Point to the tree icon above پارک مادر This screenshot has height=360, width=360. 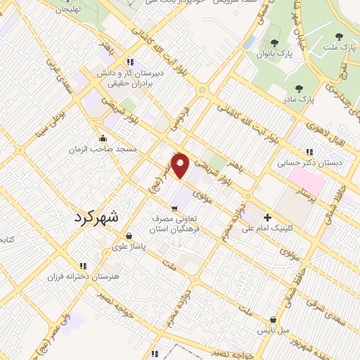pos(299,89)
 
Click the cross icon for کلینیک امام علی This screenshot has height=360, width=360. pos(266,217)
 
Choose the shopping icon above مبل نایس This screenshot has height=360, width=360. pos(272,320)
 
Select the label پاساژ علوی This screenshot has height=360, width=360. pos(129,247)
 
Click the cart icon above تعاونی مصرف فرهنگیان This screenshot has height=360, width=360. pos(174,207)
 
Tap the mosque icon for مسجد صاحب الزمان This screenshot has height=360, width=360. pos(103,138)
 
